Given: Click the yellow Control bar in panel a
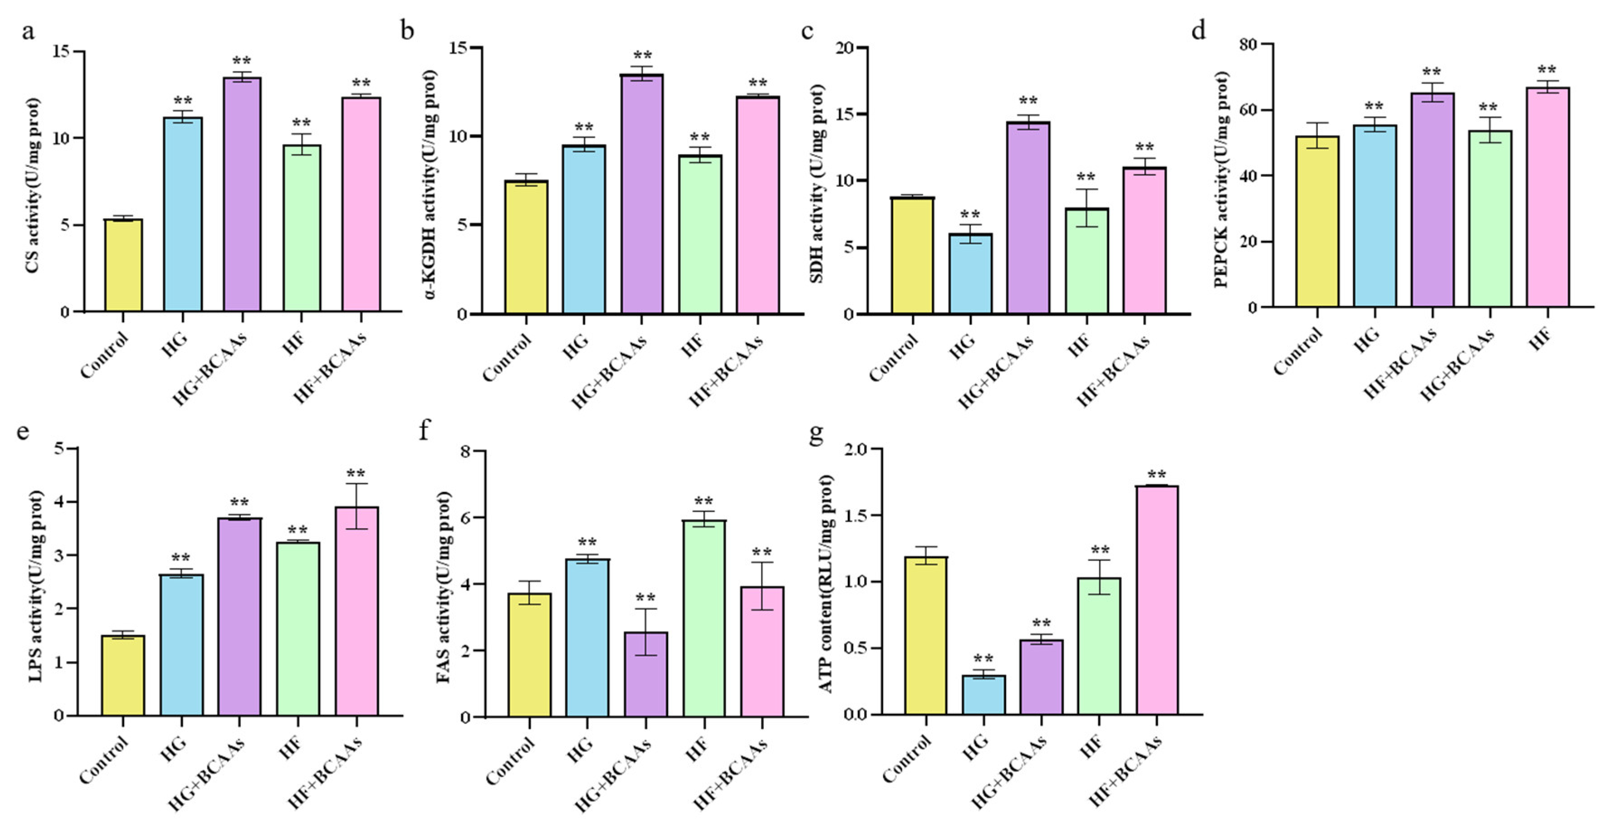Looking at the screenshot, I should point(123,265).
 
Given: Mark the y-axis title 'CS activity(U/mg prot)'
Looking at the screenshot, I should point(33,186).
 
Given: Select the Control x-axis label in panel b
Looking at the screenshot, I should point(507,357).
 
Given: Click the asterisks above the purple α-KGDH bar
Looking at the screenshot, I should point(642,56).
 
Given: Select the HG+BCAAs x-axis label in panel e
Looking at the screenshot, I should point(207,774).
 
